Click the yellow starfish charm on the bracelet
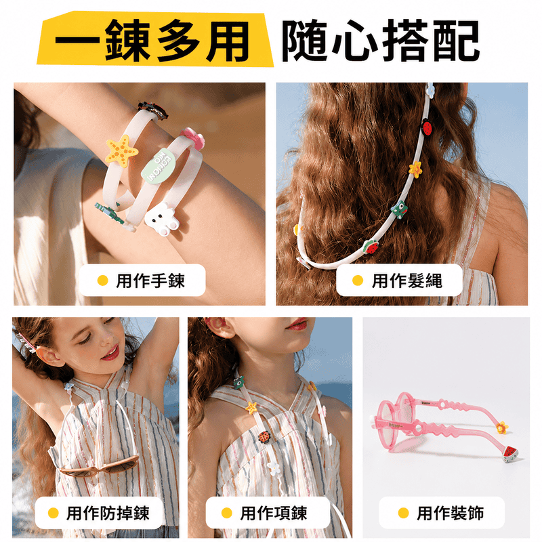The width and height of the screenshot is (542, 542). point(122,151)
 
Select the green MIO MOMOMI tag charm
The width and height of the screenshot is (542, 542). point(159,166)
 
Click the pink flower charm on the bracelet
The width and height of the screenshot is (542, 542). point(193,138)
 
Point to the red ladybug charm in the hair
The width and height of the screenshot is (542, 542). point(428,127)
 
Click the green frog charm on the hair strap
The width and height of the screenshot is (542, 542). point(400,209)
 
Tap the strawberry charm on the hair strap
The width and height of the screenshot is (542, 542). point(371,247)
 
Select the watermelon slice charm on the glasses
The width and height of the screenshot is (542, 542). point(510,454)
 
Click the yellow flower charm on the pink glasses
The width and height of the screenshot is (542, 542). point(501,428)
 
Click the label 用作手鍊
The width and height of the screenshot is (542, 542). point(150,280)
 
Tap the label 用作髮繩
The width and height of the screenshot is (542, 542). point(407,280)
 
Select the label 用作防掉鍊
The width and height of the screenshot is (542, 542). point(108,513)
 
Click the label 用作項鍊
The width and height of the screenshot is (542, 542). point(274,513)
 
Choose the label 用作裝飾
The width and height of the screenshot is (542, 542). point(450,513)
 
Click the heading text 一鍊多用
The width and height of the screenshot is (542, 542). point(152,41)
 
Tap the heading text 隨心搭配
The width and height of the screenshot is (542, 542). point(381,41)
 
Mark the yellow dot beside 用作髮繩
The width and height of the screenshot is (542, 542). point(358,280)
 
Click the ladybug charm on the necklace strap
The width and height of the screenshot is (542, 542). point(264,437)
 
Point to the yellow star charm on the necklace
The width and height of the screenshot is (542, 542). point(251,408)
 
